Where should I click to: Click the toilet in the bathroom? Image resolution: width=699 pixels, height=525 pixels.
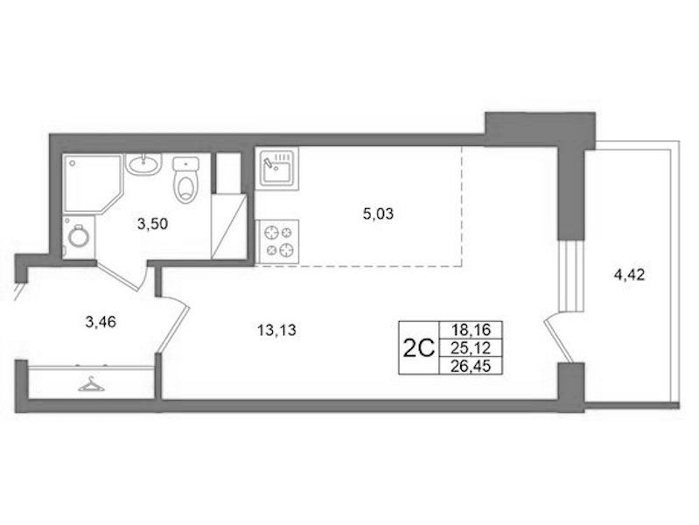pyautogui.click(x=185, y=179)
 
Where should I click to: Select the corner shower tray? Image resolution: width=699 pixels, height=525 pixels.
pyautogui.click(x=92, y=184)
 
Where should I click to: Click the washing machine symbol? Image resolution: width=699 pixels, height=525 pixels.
pyautogui.click(x=79, y=237)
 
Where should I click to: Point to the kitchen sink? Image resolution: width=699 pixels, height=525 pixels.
pyautogui.click(x=276, y=169)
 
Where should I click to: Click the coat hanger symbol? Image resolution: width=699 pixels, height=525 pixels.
pyautogui.click(x=91, y=384)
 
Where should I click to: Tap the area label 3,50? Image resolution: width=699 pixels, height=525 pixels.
pyautogui.click(x=152, y=223)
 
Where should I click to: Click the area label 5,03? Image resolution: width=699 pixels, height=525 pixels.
pyautogui.click(x=378, y=214)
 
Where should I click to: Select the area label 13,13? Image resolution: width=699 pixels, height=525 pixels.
pyautogui.click(x=276, y=331)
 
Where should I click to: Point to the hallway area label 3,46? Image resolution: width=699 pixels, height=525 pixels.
pyautogui.click(x=101, y=321)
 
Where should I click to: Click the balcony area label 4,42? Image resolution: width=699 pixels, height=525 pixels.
pyautogui.click(x=630, y=276)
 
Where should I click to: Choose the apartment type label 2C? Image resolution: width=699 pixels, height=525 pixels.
pyautogui.click(x=418, y=348)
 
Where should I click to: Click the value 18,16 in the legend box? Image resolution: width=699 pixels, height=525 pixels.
pyautogui.click(x=471, y=330)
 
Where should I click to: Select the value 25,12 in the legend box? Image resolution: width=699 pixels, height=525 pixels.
pyautogui.click(x=471, y=347)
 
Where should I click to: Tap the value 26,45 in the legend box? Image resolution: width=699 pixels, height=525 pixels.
pyautogui.click(x=471, y=366)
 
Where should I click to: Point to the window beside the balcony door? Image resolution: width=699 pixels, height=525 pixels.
pyautogui.click(x=571, y=275)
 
